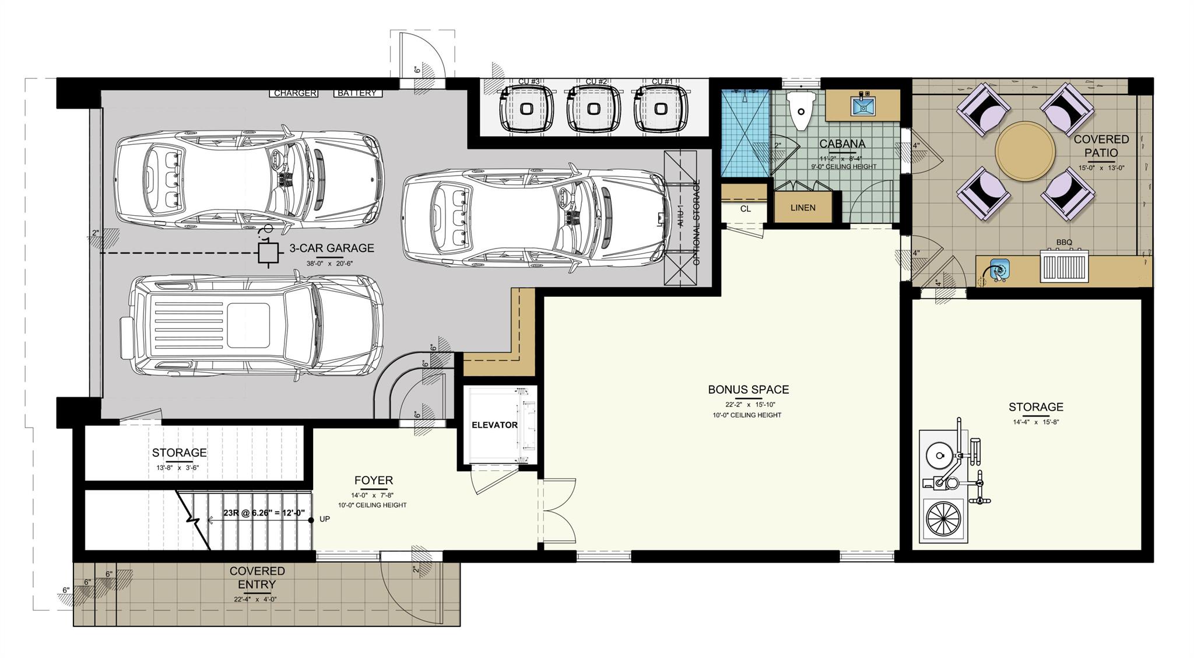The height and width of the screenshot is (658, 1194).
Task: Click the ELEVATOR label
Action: tap(494, 425)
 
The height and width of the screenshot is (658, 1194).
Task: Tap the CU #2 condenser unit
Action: tap(594, 109)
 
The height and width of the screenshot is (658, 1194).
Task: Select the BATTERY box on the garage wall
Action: tap(357, 93)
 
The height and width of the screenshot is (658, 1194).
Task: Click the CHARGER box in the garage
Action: tap(295, 93)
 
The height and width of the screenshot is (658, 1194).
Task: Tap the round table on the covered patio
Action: tap(1024, 151)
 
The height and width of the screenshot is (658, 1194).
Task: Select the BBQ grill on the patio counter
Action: tap(1065, 267)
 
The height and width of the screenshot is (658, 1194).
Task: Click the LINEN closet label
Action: tap(803, 208)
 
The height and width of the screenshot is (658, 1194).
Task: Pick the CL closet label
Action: tap(745, 209)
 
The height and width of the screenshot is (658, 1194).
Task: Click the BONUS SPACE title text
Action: tap(748, 389)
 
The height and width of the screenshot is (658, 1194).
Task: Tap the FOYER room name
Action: tap(373, 480)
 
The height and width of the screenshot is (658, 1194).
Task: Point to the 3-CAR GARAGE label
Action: tap(331, 248)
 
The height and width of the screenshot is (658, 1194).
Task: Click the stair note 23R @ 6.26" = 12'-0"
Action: tap(264, 513)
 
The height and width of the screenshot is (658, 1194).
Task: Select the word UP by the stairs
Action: tap(325, 519)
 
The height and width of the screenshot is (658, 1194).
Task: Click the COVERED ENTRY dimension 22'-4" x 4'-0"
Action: tap(257, 599)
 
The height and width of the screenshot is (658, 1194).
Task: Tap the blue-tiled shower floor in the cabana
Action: tap(745, 133)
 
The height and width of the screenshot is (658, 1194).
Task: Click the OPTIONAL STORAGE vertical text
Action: tap(696, 223)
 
